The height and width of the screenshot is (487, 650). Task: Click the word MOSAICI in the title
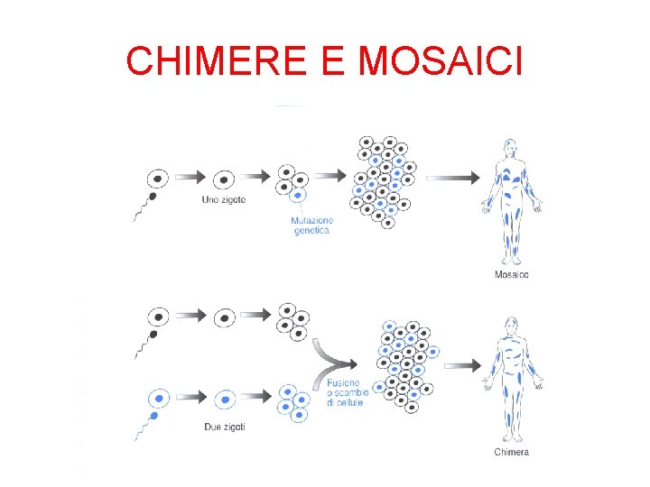pyautogui.click(x=440, y=61)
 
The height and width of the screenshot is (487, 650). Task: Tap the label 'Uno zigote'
pyautogui.click(x=223, y=199)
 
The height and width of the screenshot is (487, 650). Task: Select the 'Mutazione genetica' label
pyautogui.click(x=312, y=225)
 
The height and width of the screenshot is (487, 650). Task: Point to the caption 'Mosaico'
pyautogui.click(x=512, y=274)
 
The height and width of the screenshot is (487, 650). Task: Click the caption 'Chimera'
pyautogui.click(x=512, y=451)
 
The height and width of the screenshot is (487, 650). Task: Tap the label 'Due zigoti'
pyautogui.click(x=225, y=427)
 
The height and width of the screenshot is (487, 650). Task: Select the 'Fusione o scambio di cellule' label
pyautogui.click(x=345, y=393)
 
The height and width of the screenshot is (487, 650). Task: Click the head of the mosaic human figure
pyautogui.click(x=511, y=148)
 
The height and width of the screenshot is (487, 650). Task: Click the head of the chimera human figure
pyautogui.click(x=512, y=325)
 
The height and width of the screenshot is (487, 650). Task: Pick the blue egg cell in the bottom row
pyautogui.click(x=160, y=398)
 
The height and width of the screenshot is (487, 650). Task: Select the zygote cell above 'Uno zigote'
pyautogui.click(x=224, y=178)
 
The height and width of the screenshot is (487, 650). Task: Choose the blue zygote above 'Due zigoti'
pyautogui.click(x=225, y=398)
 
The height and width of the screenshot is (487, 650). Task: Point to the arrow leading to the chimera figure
pyautogui.click(x=463, y=365)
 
